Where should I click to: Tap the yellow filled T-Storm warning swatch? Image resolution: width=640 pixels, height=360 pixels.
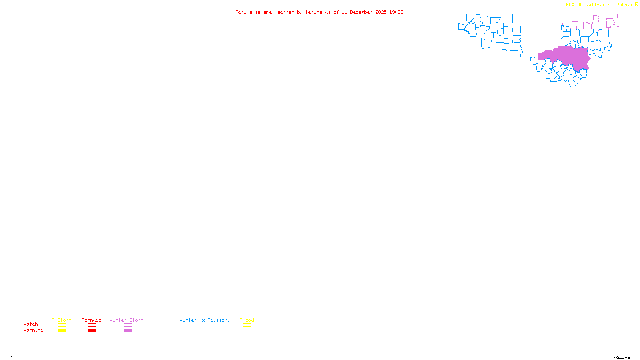click(62, 331)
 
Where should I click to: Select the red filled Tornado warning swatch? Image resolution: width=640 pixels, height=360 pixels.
click(92, 331)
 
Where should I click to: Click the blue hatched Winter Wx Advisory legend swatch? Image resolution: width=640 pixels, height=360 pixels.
click(204, 331)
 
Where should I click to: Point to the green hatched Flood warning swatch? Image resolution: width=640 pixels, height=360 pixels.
click(247, 331)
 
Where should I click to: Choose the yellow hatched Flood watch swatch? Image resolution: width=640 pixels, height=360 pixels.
click(247, 325)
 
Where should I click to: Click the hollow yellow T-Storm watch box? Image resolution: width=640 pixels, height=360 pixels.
click(62, 325)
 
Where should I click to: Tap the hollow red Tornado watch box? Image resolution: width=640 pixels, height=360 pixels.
click(92, 325)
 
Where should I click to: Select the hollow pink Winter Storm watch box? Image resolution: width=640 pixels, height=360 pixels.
click(128, 325)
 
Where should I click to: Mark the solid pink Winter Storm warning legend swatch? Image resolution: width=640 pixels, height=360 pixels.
click(128, 331)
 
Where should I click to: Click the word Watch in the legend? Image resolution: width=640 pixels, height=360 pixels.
click(31, 324)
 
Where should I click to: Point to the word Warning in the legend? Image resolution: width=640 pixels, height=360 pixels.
click(33, 330)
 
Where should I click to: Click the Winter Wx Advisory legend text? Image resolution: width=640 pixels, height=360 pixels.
click(205, 320)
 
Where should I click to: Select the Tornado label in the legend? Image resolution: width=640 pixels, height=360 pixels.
click(92, 320)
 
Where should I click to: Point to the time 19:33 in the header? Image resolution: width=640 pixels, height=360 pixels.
click(396, 12)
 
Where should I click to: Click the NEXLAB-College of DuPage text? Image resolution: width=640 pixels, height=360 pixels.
click(599, 5)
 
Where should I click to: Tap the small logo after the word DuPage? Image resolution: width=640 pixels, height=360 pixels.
click(636, 4)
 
